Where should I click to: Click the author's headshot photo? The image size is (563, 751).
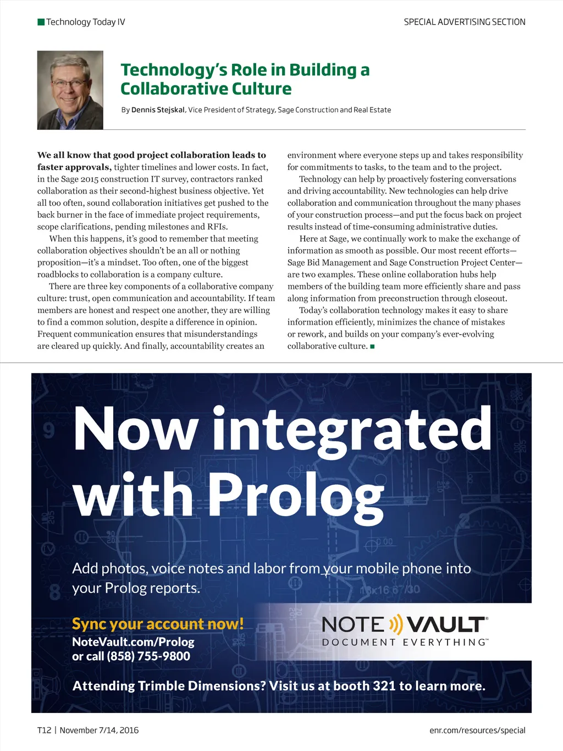point(70,90)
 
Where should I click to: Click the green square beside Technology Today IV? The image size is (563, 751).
point(41,22)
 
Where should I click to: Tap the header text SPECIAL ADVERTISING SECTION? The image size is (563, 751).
point(465,22)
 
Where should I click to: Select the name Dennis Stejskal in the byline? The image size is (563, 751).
point(158,110)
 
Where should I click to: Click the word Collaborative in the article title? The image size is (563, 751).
point(173,89)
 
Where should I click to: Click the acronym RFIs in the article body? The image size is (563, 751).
point(217,227)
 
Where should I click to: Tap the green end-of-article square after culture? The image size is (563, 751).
point(372,347)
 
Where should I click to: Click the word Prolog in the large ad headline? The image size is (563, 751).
point(295,495)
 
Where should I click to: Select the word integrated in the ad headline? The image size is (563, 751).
point(352,429)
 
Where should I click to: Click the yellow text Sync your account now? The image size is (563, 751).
point(158,624)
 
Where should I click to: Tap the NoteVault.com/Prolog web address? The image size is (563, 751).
point(133,642)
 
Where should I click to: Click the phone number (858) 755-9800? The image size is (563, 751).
point(148,656)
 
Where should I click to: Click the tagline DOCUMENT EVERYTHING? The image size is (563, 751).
point(405,643)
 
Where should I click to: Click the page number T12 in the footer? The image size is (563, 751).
point(44,730)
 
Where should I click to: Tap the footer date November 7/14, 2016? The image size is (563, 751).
point(99,730)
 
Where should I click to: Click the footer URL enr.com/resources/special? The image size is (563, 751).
point(477,730)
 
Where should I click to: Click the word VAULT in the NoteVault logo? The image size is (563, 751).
point(446,624)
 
